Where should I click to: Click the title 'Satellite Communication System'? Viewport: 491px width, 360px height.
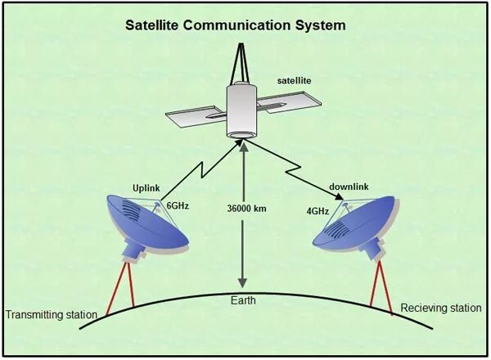(235, 25)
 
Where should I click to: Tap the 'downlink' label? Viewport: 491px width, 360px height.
(349, 187)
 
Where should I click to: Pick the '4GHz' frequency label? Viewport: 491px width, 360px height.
(318, 210)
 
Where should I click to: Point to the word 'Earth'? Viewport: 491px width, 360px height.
(242, 300)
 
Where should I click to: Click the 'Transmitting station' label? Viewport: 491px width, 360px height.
(52, 314)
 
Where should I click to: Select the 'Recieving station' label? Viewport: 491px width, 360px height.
(441, 308)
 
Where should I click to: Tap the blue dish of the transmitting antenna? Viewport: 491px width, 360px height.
(145, 223)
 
